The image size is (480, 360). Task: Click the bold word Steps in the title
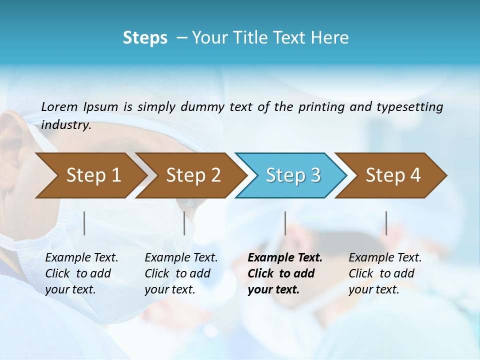click(145, 38)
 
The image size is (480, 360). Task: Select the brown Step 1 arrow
click(90, 175)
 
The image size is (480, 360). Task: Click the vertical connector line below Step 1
click(84, 223)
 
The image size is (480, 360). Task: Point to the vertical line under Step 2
click(184, 223)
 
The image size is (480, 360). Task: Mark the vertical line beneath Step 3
click(285, 223)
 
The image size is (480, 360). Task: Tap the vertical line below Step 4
click(386, 223)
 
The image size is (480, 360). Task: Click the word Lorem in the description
click(59, 106)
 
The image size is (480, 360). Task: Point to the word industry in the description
click(65, 125)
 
